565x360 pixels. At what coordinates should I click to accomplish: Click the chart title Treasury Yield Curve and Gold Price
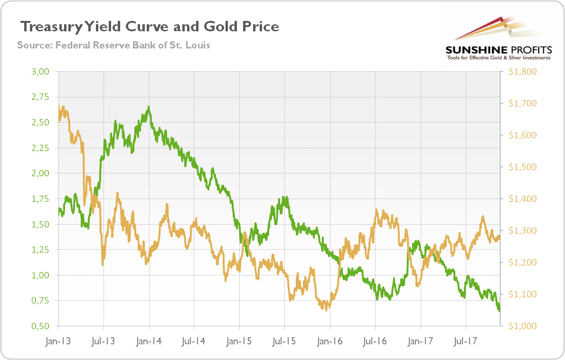149,27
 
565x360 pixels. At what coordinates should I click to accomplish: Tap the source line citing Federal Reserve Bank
113,46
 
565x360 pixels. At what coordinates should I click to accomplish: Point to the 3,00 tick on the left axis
41,72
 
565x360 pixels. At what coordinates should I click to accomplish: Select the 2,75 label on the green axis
41,97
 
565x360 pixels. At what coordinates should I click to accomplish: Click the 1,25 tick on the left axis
41,250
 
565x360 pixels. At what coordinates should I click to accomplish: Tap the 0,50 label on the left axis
41,326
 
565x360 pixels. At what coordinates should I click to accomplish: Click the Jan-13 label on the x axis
58,341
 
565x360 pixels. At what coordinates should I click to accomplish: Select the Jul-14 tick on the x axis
194,341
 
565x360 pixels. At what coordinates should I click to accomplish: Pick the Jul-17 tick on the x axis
465,341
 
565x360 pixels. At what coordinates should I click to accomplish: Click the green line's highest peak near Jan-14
149,106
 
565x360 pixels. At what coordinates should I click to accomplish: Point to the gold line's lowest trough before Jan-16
326,310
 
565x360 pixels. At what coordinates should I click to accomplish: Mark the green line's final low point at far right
499,311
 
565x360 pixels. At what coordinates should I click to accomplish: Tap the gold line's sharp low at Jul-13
103,265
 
